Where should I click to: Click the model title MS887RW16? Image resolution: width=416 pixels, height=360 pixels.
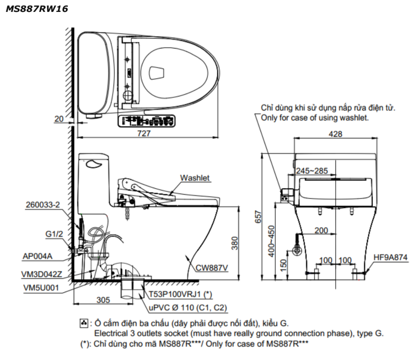(x=37, y=9)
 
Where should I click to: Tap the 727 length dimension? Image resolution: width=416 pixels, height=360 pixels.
(x=144, y=133)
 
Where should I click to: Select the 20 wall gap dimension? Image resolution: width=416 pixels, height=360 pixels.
(x=59, y=119)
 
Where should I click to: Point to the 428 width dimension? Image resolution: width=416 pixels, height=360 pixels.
(x=335, y=134)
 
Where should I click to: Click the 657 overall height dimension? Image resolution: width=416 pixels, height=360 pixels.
(x=258, y=217)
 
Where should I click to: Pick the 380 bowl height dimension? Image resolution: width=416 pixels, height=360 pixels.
(x=235, y=243)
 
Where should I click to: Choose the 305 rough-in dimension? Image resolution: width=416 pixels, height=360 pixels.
(x=103, y=300)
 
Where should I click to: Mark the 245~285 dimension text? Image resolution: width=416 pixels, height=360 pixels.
(x=312, y=171)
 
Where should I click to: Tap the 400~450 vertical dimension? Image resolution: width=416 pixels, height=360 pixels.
(x=271, y=241)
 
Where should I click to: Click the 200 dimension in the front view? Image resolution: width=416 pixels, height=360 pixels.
(x=321, y=230)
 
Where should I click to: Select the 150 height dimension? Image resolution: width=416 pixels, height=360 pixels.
(x=283, y=265)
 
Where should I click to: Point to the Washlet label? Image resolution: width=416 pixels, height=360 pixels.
(x=195, y=178)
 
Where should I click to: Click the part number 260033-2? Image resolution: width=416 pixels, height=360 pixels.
(x=43, y=205)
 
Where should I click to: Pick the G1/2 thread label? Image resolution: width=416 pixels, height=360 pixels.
(x=54, y=234)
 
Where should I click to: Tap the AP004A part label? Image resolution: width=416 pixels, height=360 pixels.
(x=38, y=257)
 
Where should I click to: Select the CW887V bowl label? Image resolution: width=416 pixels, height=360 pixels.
(x=211, y=268)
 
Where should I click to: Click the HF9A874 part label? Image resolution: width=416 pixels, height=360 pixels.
(x=390, y=257)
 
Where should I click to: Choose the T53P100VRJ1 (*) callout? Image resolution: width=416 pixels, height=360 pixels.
(x=180, y=294)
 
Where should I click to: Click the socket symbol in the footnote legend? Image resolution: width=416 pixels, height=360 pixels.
(x=84, y=323)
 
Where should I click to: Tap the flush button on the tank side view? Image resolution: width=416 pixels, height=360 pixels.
(x=94, y=164)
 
